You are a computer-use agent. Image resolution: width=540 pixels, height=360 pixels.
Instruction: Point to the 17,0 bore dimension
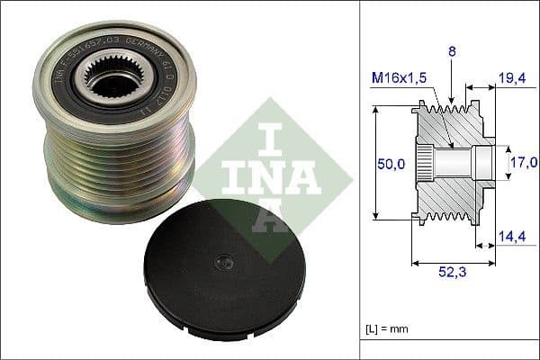pos(523,162)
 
